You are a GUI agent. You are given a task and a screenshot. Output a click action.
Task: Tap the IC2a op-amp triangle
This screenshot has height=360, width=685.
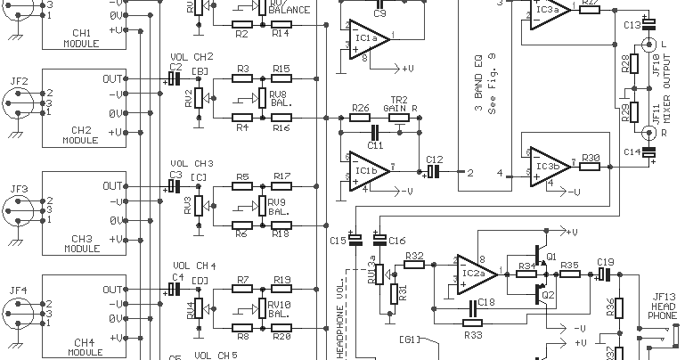[477, 271]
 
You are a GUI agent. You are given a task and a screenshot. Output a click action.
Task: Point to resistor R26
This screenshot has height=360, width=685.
[360, 118]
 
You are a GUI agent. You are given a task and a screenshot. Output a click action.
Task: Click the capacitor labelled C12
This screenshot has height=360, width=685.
[434, 170]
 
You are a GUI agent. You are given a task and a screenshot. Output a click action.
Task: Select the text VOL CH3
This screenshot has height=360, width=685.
[192, 164]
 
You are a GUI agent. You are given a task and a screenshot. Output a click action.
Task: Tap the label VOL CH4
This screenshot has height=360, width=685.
[193, 266]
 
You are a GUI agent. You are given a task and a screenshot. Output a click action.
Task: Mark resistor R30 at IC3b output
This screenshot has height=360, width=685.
[591, 166]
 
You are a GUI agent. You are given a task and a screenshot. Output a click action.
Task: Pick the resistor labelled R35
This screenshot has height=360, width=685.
[570, 274]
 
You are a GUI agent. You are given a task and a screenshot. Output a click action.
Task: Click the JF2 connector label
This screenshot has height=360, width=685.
[19, 82]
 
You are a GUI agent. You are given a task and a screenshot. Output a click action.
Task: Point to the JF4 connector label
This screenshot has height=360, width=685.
[19, 290]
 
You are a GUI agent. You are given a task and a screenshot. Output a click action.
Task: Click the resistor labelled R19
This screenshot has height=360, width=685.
[281, 290]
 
